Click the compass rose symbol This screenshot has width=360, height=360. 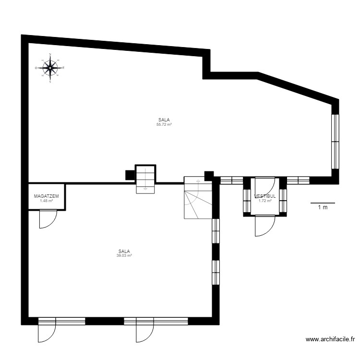pyautogui.click(x=50, y=68)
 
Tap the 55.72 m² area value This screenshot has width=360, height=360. pyautogui.click(x=164, y=124)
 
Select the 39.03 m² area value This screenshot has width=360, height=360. pyautogui.click(x=124, y=255)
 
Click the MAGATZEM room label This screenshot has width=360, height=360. pyautogui.click(x=47, y=196)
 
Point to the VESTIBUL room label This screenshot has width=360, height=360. pyautogui.click(x=265, y=196)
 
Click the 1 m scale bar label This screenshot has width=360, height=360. pyautogui.click(x=323, y=207)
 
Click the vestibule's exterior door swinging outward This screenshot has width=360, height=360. pyautogui.click(x=264, y=226)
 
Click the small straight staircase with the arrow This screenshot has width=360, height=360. pyautogui.click(x=145, y=178)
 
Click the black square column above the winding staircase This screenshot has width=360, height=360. pyautogui.click(x=209, y=176)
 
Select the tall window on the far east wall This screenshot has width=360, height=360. pyautogui.click(x=335, y=141)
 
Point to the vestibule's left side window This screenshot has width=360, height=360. pyautogui.click(x=247, y=200)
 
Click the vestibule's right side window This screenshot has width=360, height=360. pyautogui.click(x=283, y=200)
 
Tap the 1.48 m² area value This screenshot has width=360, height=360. pyautogui.click(x=47, y=201)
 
